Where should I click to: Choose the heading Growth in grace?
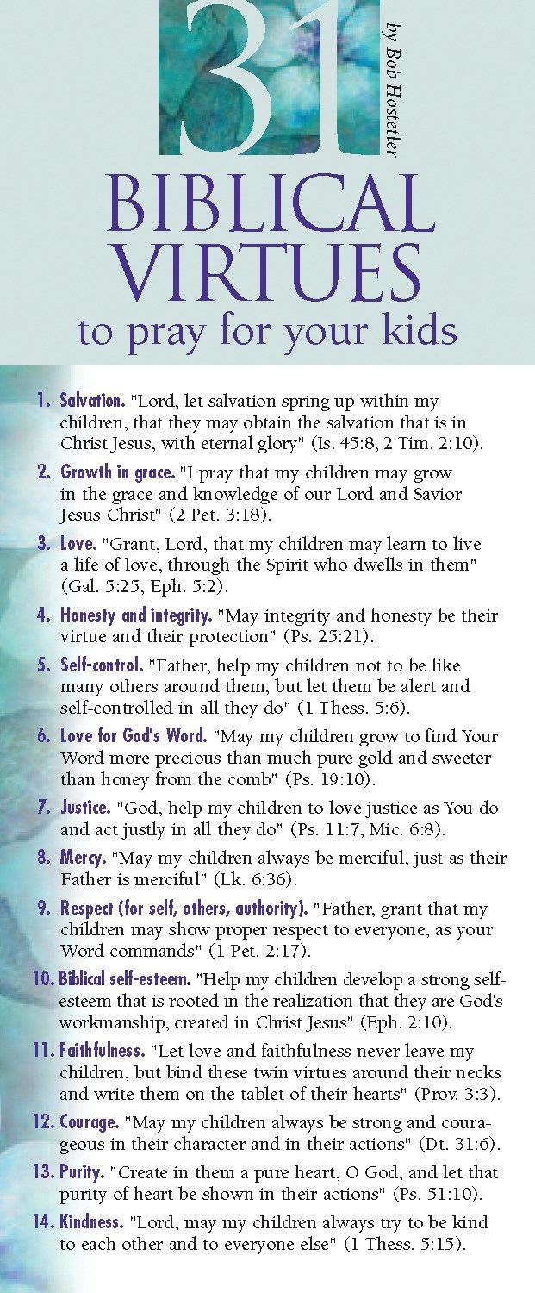tap(116, 473)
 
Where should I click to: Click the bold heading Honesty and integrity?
tap(136, 616)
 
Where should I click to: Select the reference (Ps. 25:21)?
tap(308, 638)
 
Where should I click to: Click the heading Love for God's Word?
tap(134, 737)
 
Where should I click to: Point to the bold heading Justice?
tap(85, 809)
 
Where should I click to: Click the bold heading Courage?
tap(90, 1123)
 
